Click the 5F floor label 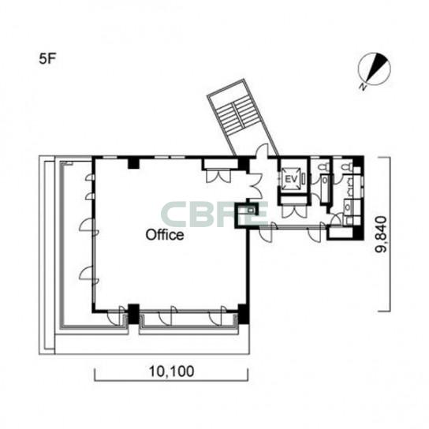(47, 59)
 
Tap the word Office (165, 235)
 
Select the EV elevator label (291, 180)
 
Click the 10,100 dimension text (172, 371)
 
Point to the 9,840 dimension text (381, 234)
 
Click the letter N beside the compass (363, 87)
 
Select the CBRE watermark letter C (173, 214)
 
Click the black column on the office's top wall (134, 163)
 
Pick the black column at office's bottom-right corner (243, 314)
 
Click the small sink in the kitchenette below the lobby (250, 211)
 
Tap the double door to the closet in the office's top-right (218, 175)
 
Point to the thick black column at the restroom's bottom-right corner (358, 233)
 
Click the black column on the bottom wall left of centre (134, 314)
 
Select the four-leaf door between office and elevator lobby (256, 186)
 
